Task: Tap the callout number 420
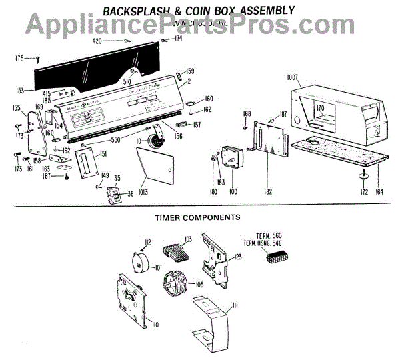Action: point(97,41)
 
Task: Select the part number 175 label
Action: point(19,59)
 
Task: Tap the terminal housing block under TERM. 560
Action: point(275,258)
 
